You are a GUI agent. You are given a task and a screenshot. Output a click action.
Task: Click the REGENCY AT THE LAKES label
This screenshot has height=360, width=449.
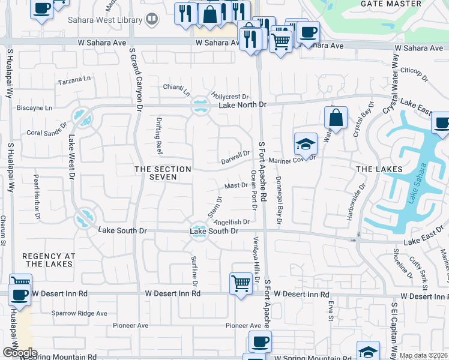click(x=49, y=260)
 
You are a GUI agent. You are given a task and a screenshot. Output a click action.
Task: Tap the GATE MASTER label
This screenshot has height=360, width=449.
click(x=391, y=4)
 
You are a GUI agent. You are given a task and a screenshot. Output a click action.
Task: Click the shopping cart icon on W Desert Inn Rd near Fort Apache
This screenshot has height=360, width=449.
click(x=241, y=282)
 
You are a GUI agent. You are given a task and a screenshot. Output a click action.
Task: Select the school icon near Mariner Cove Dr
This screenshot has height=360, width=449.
click(x=305, y=144)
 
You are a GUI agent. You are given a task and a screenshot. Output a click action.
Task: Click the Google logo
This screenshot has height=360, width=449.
click(x=19, y=353)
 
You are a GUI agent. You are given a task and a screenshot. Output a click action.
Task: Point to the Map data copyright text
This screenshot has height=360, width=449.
click(x=423, y=355)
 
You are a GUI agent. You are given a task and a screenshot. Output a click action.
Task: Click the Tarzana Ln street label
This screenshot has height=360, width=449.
click(x=74, y=79)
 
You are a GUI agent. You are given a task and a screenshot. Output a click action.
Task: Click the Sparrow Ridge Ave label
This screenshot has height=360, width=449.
click(x=79, y=313)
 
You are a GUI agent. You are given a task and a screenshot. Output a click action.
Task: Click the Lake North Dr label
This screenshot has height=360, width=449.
click(x=242, y=105)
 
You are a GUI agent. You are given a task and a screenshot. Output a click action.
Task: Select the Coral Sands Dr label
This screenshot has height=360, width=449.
click(x=46, y=132)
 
